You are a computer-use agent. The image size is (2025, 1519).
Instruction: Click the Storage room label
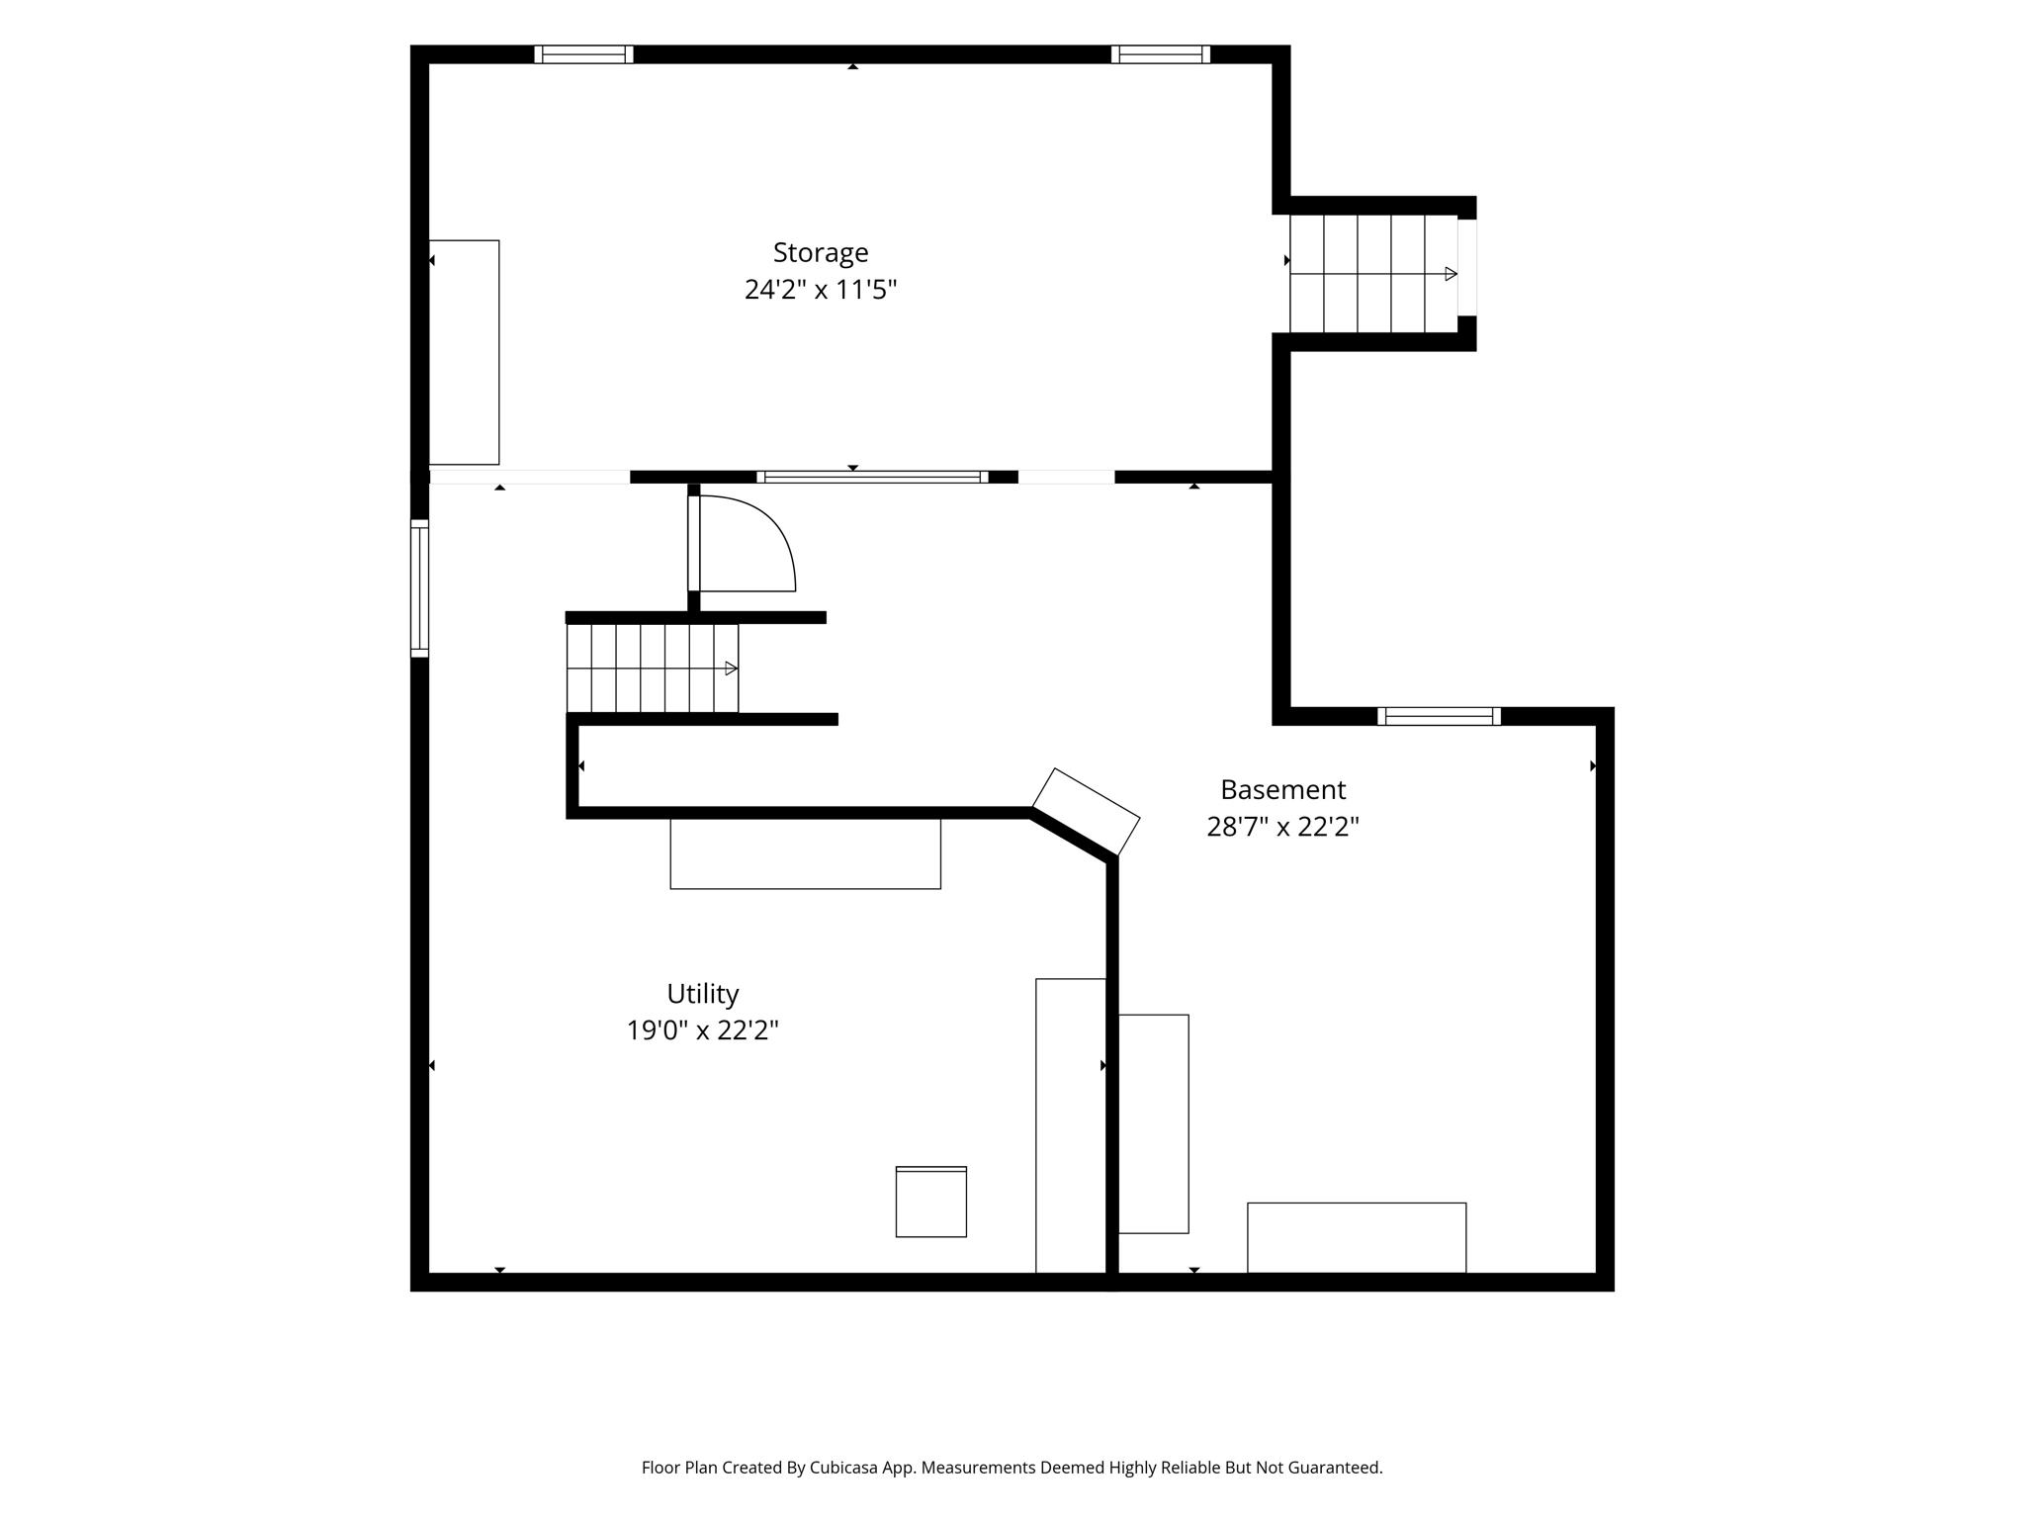click(x=821, y=253)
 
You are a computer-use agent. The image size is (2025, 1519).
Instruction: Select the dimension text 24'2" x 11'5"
click(x=821, y=290)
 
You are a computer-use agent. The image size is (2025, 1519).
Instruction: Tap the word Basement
click(x=1282, y=789)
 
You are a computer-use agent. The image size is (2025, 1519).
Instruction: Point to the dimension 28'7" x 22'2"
click(x=1282, y=827)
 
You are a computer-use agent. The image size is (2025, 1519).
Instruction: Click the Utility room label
click(x=702, y=994)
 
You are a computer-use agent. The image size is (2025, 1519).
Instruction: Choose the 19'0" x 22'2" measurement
click(x=702, y=1030)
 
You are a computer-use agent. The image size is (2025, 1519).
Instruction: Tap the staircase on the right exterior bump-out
click(x=1373, y=274)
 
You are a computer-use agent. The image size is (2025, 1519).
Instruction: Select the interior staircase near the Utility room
click(x=653, y=668)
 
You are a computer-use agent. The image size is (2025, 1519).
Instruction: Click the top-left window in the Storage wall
click(x=583, y=54)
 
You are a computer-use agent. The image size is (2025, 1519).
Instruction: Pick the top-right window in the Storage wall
click(x=1161, y=54)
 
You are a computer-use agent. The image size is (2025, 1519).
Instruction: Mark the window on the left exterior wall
click(x=419, y=587)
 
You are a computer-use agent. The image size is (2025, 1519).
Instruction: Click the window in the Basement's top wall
click(x=1439, y=716)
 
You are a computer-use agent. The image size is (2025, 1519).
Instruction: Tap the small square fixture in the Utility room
click(x=931, y=1202)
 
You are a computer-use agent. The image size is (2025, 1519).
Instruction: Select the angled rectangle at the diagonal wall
click(x=1086, y=812)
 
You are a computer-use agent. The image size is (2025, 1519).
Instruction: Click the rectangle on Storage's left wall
click(x=464, y=352)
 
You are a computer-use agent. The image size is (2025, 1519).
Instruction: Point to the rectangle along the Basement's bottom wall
click(x=1357, y=1238)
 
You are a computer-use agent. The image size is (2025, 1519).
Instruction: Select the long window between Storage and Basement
click(x=872, y=477)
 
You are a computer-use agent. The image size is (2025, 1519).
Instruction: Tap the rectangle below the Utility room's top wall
click(x=806, y=853)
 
